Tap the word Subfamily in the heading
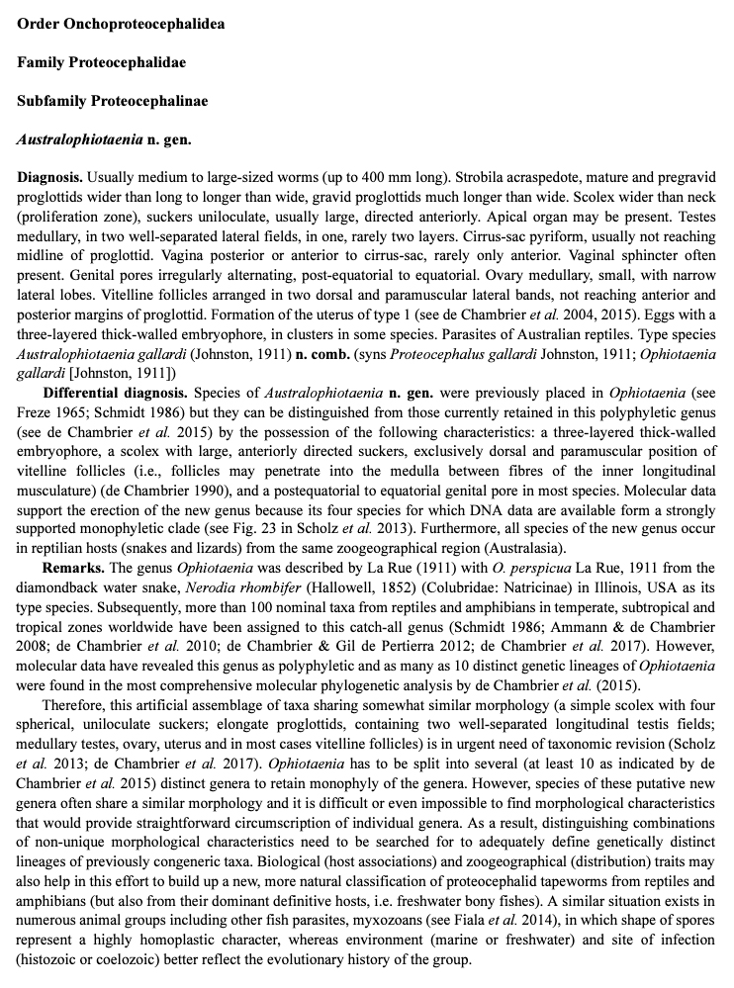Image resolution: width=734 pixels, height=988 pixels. click(x=51, y=100)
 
